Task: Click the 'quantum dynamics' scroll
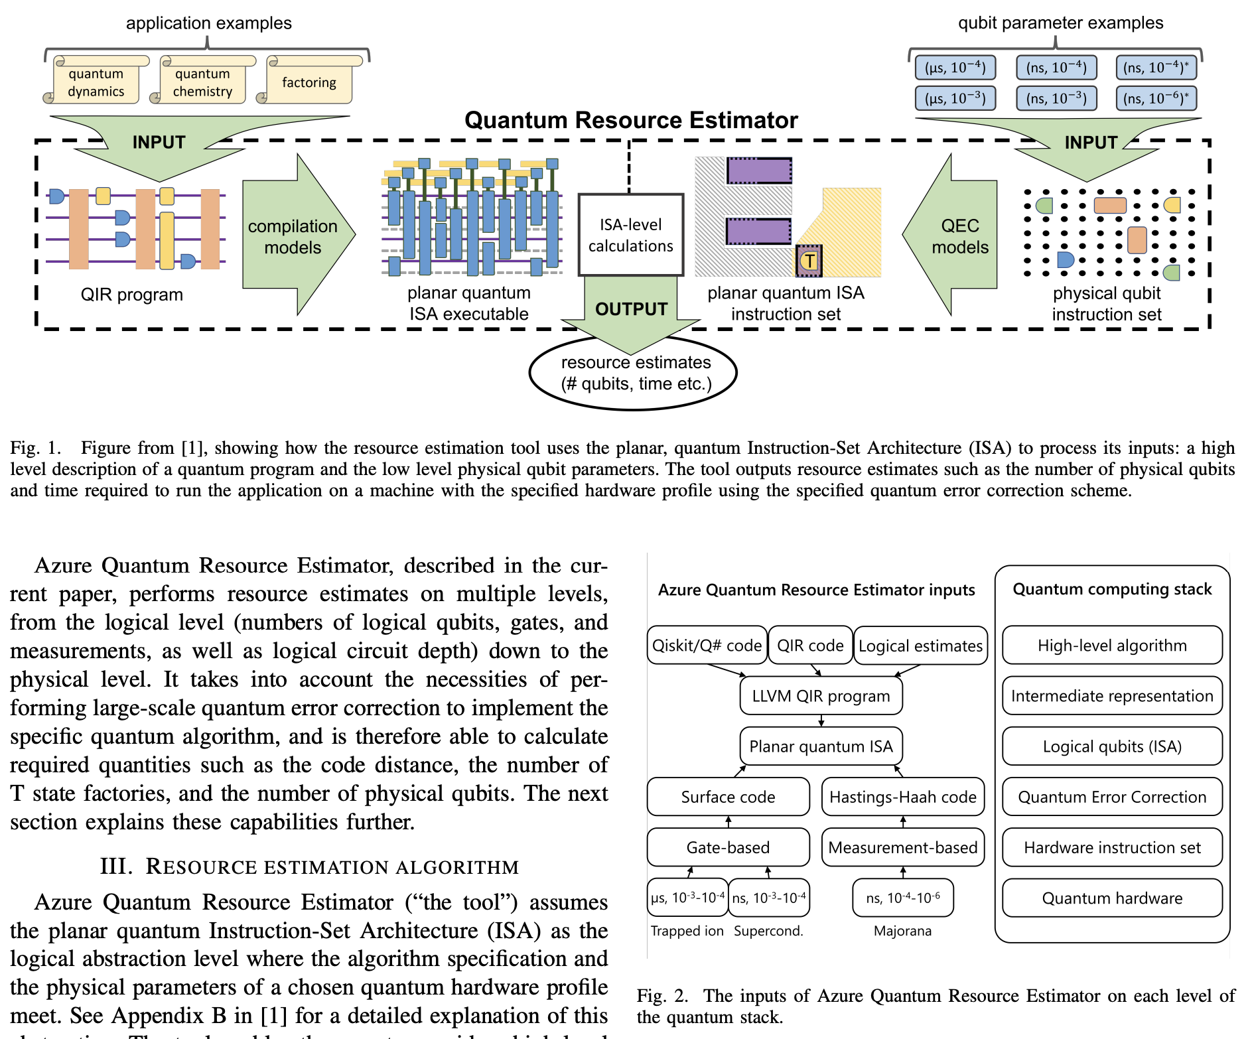[97, 82]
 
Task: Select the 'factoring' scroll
[309, 82]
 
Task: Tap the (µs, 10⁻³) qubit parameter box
[955, 98]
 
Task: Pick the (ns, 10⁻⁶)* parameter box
[1156, 98]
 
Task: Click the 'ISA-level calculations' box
[630, 235]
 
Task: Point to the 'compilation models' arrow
[293, 236]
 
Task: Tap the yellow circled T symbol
[809, 261]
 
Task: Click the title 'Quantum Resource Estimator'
[630, 120]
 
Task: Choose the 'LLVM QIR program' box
[821, 696]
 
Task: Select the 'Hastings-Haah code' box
[902, 797]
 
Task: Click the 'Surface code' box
[728, 797]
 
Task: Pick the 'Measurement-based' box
[902, 847]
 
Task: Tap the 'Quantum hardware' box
[1112, 898]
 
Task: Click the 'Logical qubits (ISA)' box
[1112, 746]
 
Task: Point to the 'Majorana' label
[902, 931]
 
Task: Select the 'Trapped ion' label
[687, 931]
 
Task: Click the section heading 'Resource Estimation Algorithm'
[309, 866]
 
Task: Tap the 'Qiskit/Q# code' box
[707, 646]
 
